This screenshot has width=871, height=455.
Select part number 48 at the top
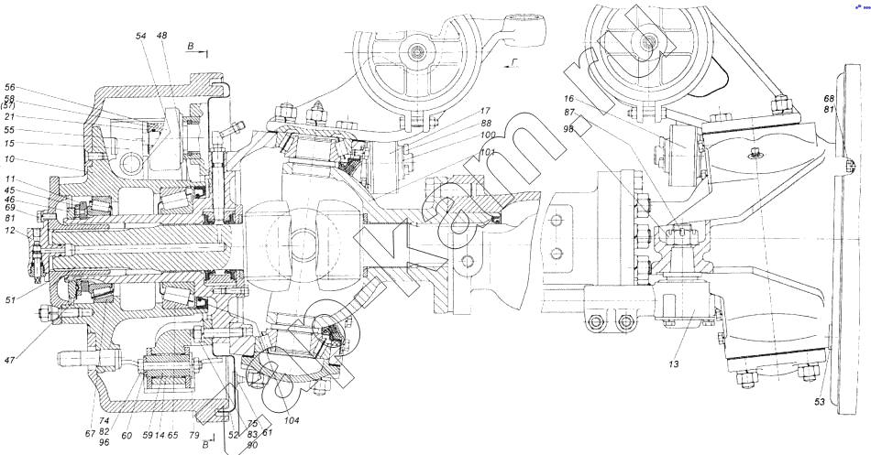point(161,36)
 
